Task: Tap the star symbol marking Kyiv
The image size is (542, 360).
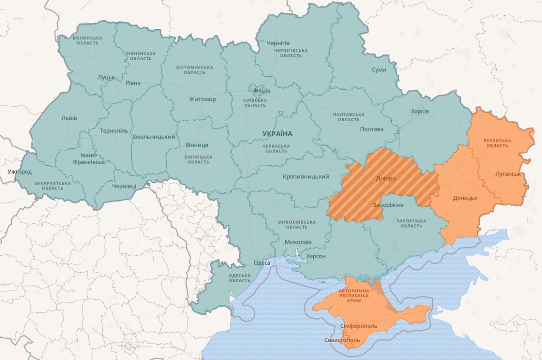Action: pyautogui.click(x=255, y=91)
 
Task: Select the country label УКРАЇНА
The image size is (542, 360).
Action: pyautogui.click(x=277, y=134)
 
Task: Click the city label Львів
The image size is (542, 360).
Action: pyautogui.click(x=69, y=118)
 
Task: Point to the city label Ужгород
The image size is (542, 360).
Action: pyautogui.click(x=19, y=172)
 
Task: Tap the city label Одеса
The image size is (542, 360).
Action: pyautogui.click(x=262, y=263)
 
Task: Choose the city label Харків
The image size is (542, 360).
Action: pyautogui.click(x=420, y=111)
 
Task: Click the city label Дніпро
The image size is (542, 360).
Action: pyautogui.click(x=385, y=178)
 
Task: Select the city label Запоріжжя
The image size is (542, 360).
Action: pyautogui.click(x=388, y=205)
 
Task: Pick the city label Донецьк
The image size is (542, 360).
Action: pyautogui.click(x=465, y=198)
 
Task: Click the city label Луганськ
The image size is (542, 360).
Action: pyautogui.click(x=508, y=174)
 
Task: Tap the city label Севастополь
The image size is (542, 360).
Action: pyautogui.click(x=342, y=340)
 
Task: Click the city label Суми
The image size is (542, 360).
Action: pyautogui.click(x=379, y=69)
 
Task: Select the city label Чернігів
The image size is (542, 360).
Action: pyautogui.click(x=278, y=43)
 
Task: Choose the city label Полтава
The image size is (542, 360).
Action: pyautogui.click(x=371, y=129)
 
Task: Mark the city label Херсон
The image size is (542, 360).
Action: pyautogui.click(x=316, y=256)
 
